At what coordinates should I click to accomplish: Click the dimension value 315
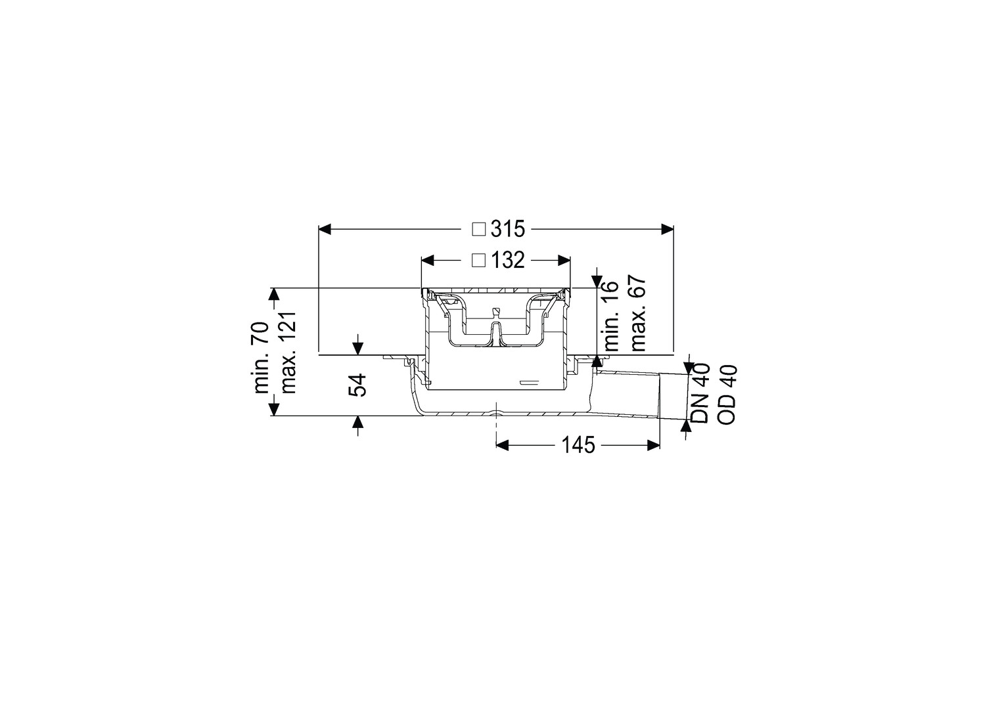pyautogui.click(x=507, y=229)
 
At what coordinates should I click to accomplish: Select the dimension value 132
pyautogui.click(x=507, y=260)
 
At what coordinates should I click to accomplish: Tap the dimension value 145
pyautogui.click(x=578, y=445)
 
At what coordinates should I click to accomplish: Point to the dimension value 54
pyautogui.click(x=358, y=385)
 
